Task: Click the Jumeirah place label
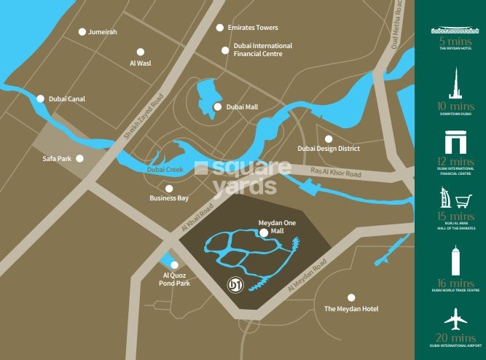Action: click(x=102, y=32)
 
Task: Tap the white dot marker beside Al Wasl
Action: click(x=141, y=52)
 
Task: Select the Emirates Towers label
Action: click(x=252, y=28)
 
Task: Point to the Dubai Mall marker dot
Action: click(x=217, y=107)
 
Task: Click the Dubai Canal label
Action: click(x=67, y=98)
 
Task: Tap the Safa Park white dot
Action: click(x=79, y=158)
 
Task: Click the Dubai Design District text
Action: click(x=329, y=149)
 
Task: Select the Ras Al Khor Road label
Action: click(x=336, y=173)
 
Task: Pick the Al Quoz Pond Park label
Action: click(x=176, y=279)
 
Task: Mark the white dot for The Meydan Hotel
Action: click(x=351, y=297)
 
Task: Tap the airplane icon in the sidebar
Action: click(x=456, y=319)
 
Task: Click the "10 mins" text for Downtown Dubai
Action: click(x=456, y=106)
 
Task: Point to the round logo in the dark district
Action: click(x=235, y=283)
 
